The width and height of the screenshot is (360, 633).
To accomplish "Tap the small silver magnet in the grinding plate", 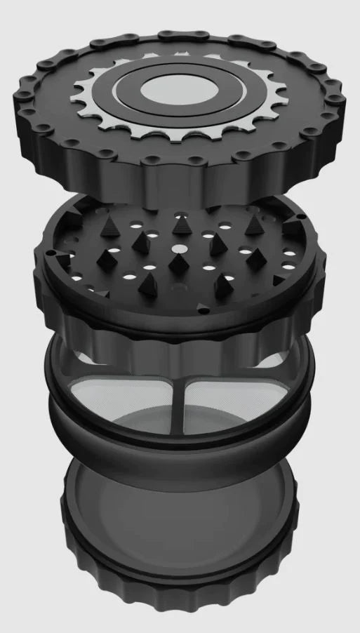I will pyautogui.click(x=179, y=249).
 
